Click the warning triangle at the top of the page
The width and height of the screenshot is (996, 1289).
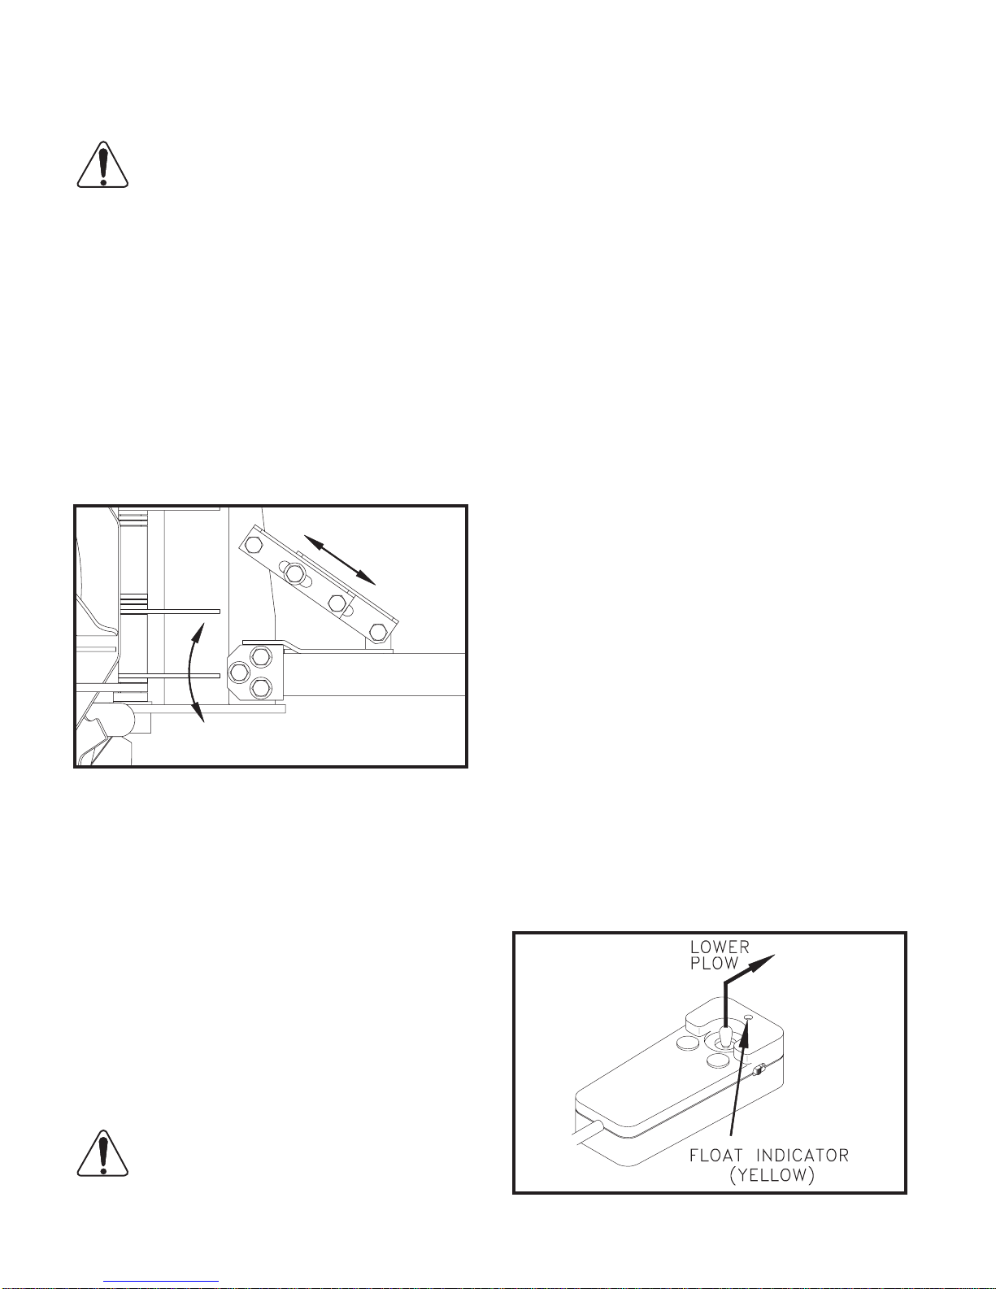click(x=102, y=165)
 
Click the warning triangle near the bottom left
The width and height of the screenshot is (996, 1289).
click(x=102, y=1154)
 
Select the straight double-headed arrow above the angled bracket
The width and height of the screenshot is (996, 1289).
click(x=340, y=560)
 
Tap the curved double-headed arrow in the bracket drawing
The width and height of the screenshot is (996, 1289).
click(x=191, y=672)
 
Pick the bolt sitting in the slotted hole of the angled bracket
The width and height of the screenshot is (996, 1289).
click(x=294, y=573)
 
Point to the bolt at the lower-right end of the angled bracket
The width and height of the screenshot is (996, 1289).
click(x=377, y=631)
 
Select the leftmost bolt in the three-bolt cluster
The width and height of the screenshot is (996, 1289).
click(x=239, y=673)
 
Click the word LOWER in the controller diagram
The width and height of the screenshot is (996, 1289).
click(x=720, y=947)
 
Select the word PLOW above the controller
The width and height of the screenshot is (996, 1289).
click(x=715, y=964)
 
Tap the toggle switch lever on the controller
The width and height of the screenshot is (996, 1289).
click(x=724, y=1034)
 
